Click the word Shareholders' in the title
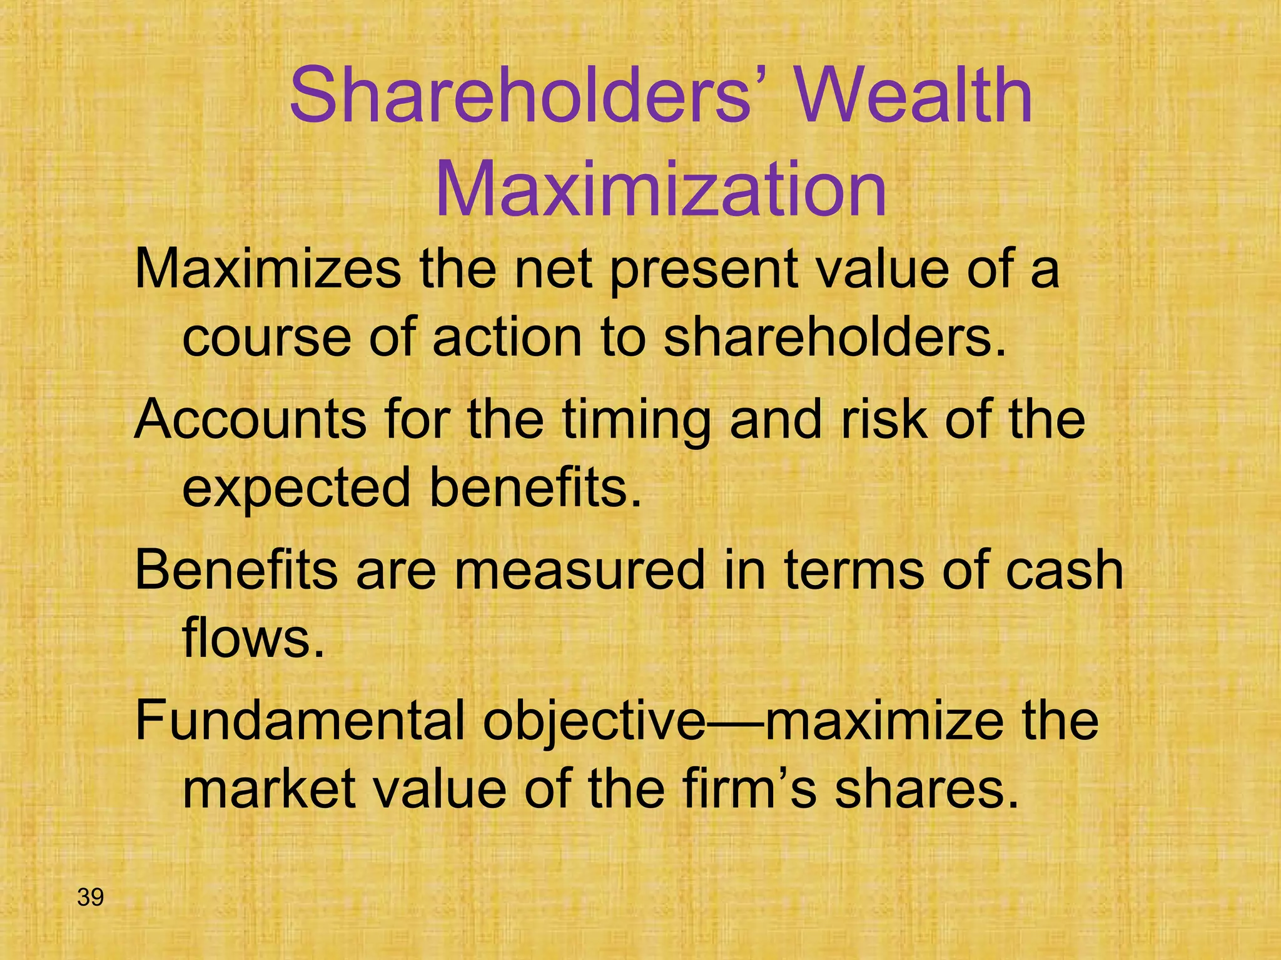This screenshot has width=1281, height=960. (x=520, y=97)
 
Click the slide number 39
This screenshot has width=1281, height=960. (x=90, y=897)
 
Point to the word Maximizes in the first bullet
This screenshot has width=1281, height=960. (x=268, y=269)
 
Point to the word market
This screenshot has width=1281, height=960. (x=269, y=789)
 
